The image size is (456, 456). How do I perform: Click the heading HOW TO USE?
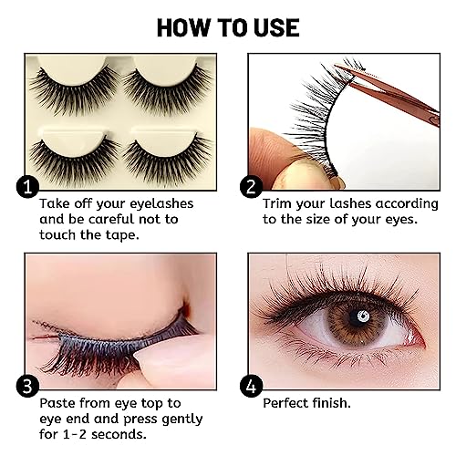(x=228, y=28)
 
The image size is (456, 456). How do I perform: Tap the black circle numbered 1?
(x=27, y=187)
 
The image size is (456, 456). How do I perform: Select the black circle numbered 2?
(x=251, y=187)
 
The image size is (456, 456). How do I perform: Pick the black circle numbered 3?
(x=27, y=386)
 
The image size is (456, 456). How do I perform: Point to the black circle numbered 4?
(x=251, y=386)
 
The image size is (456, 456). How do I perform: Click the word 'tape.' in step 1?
(x=122, y=235)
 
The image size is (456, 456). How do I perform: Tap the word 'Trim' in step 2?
(x=277, y=203)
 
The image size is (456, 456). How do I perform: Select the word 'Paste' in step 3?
(x=58, y=403)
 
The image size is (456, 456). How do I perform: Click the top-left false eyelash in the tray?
(x=74, y=88)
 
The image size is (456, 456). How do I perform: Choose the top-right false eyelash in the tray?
(x=168, y=88)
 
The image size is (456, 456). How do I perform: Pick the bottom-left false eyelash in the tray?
(x=74, y=160)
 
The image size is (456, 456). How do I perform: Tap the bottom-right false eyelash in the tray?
(x=168, y=160)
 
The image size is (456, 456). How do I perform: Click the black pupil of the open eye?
(x=358, y=317)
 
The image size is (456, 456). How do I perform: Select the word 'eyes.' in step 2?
(x=401, y=220)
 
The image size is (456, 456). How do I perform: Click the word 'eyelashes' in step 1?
(x=161, y=204)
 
